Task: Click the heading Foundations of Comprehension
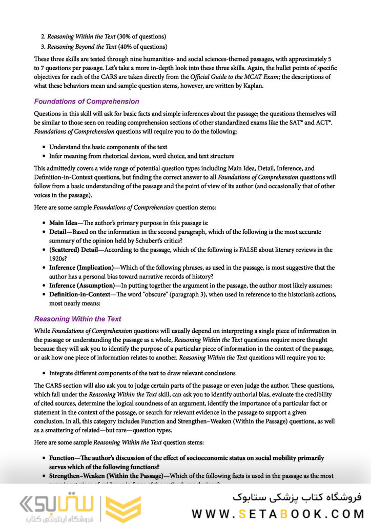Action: tap(86, 101)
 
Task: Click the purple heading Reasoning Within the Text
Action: tap(77, 319)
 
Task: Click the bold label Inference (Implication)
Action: tap(81, 268)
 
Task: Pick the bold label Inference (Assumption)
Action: tap(82, 285)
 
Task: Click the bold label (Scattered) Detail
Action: tap(73, 250)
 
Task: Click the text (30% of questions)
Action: tap(141, 36)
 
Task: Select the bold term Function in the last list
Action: tap(64, 458)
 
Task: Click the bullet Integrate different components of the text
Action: tap(142, 373)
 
